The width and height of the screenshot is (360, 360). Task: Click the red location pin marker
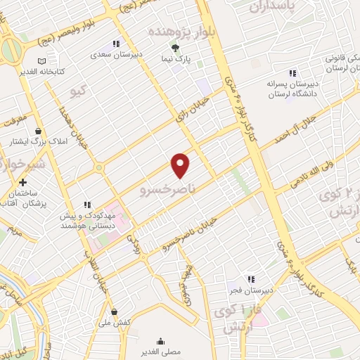click(x=181, y=165)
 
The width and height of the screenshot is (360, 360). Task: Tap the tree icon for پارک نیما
click(x=175, y=47)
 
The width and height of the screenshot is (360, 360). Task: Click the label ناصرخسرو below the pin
click(x=166, y=188)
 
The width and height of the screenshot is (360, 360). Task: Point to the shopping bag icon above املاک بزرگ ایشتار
click(x=37, y=131)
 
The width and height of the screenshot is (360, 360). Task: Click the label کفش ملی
click(x=115, y=321)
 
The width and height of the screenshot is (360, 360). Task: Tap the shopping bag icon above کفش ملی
click(x=115, y=311)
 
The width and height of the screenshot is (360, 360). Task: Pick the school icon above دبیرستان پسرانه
click(x=292, y=73)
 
